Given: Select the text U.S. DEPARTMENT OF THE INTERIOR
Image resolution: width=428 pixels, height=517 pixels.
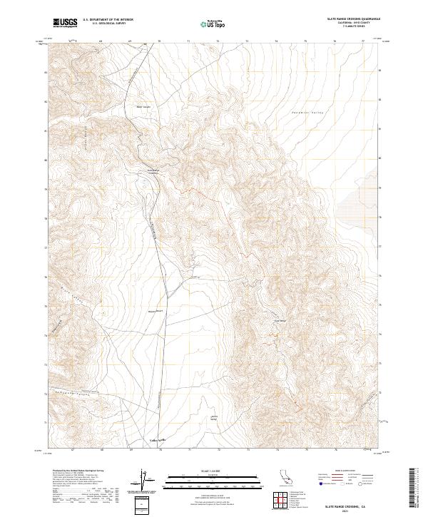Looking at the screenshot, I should (x=108, y=20).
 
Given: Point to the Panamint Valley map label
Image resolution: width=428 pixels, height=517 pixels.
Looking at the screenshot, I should (x=307, y=113).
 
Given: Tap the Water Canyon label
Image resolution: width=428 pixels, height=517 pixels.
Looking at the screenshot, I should (x=144, y=108).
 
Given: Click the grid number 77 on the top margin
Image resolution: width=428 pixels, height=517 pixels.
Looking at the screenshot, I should (x=363, y=42).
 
